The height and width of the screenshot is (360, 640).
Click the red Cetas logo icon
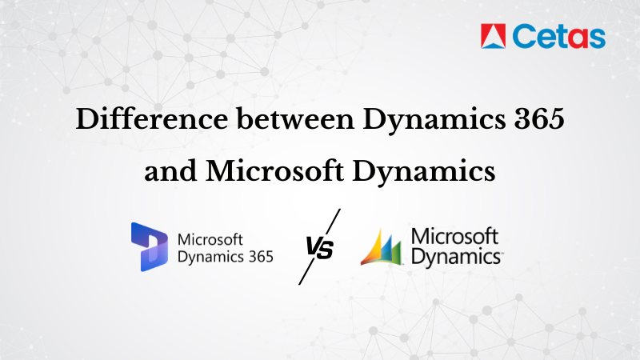pyautogui.click(x=493, y=35)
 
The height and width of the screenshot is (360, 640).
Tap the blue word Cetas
pyautogui.click(x=558, y=36)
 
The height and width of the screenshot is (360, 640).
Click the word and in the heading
pyautogui.click(x=170, y=170)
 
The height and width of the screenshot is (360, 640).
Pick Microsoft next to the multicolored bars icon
pyautogui.click(x=454, y=237)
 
